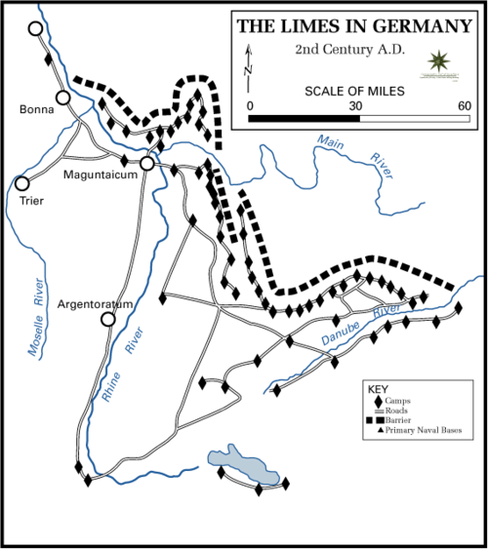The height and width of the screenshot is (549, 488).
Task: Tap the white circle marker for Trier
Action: [x=21, y=182]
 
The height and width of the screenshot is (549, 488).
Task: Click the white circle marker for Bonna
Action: [x=63, y=98]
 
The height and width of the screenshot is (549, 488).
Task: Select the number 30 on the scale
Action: [x=356, y=106]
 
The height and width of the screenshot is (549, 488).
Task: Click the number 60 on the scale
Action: [x=463, y=106]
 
